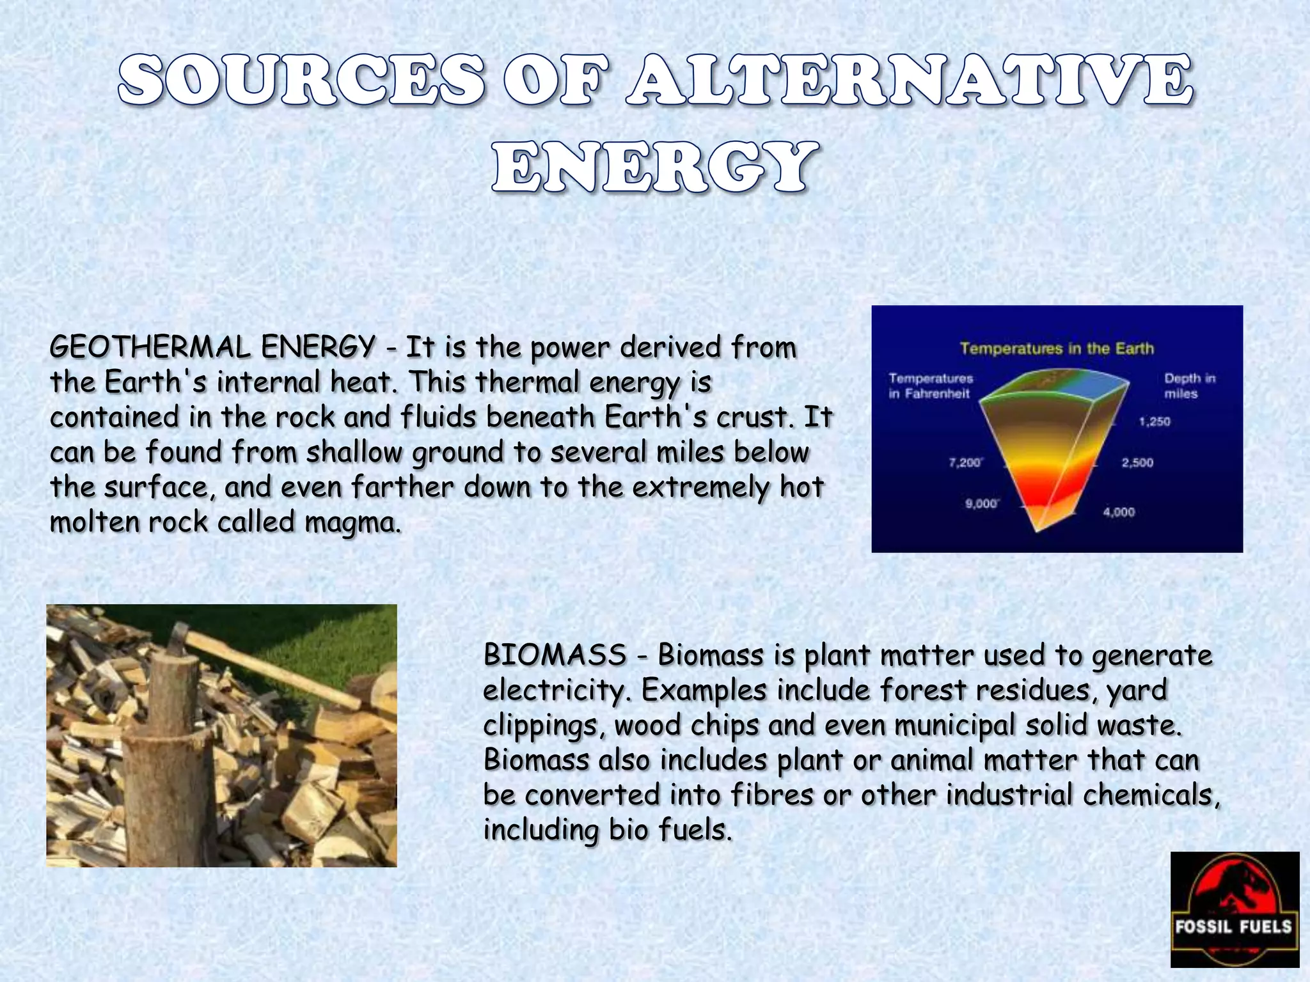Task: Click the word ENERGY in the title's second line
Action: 654,168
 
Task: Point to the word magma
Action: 352,522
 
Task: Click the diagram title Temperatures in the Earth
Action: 1057,348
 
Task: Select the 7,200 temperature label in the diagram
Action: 965,462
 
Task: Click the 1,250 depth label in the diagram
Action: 1154,421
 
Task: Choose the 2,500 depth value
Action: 1137,462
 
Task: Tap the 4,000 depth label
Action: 1119,512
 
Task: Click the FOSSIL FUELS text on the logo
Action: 1233,926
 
